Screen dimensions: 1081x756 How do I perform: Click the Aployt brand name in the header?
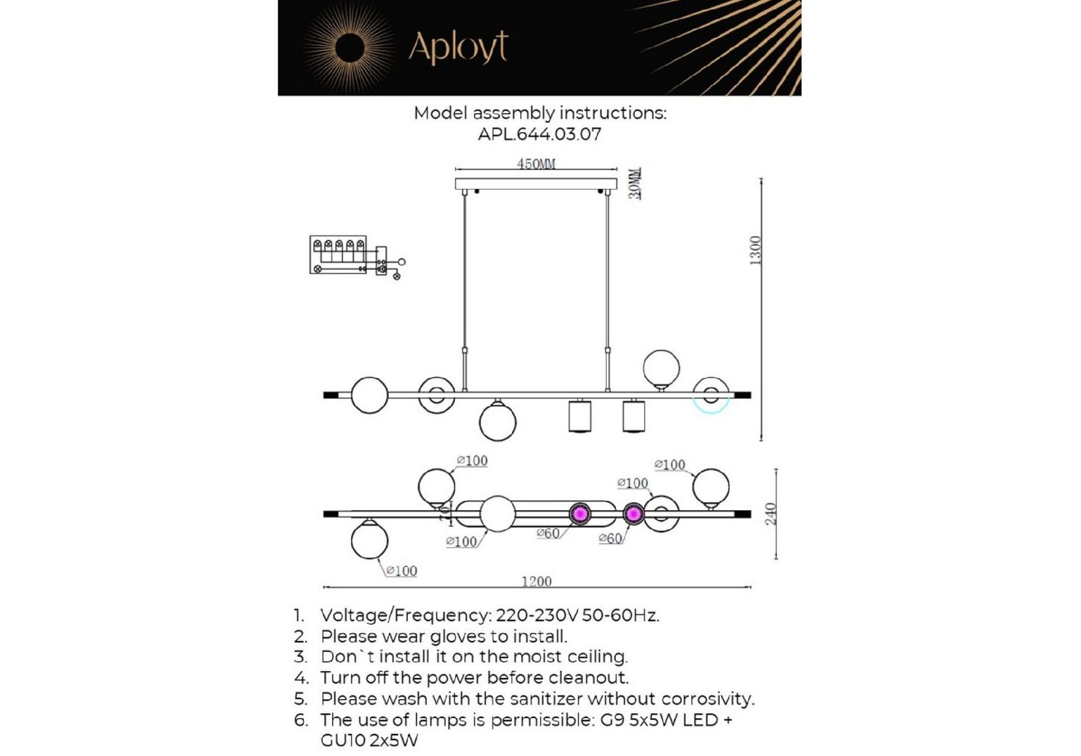[458, 47]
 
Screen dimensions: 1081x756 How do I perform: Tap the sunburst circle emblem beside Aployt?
[350, 48]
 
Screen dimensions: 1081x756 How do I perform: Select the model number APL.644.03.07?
[540, 134]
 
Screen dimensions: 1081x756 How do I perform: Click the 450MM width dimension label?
[536, 164]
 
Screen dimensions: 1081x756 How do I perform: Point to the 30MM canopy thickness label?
[635, 183]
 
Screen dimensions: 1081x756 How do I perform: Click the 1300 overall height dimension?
[756, 251]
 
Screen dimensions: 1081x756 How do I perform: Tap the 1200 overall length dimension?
[536, 581]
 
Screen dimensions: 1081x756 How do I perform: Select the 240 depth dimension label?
[770, 513]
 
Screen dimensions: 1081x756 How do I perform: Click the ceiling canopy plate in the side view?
[536, 184]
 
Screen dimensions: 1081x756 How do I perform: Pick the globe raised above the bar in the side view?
[661, 369]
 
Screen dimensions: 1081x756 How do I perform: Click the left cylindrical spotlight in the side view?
[580, 415]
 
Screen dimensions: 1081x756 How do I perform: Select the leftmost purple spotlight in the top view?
[580, 513]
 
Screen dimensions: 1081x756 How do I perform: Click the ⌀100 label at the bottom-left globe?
[402, 571]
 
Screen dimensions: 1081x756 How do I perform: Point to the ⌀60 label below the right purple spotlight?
[610, 539]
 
